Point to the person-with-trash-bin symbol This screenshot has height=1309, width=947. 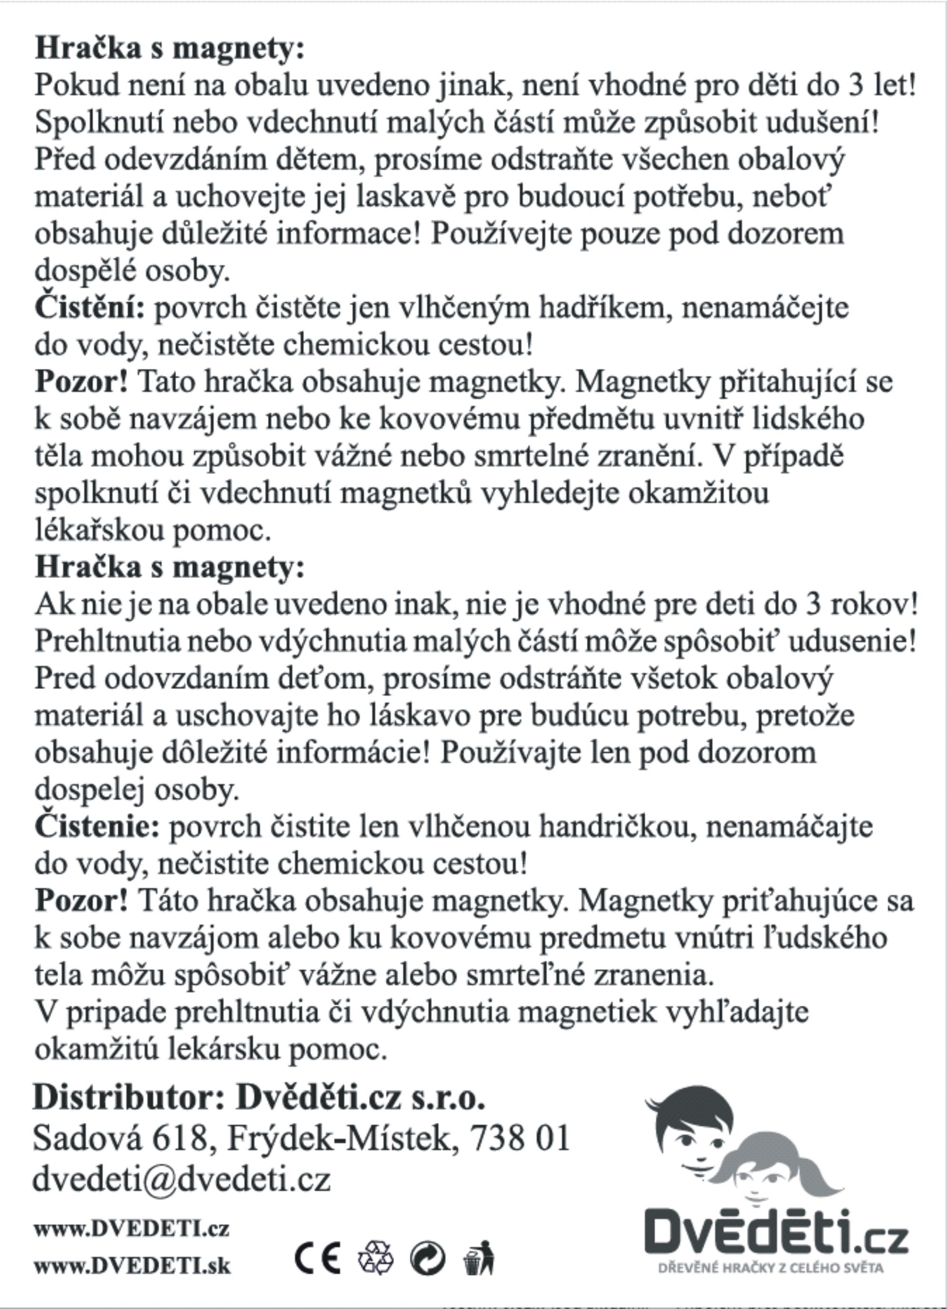tap(478, 1258)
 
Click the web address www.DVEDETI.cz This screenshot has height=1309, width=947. tap(131, 1228)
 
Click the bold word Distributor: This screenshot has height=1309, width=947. tap(128, 1097)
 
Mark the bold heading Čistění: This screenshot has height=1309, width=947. tap(90, 307)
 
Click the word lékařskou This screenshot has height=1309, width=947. tap(100, 530)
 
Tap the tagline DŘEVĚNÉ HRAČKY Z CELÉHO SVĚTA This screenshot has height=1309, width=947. tap(770, 1268)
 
